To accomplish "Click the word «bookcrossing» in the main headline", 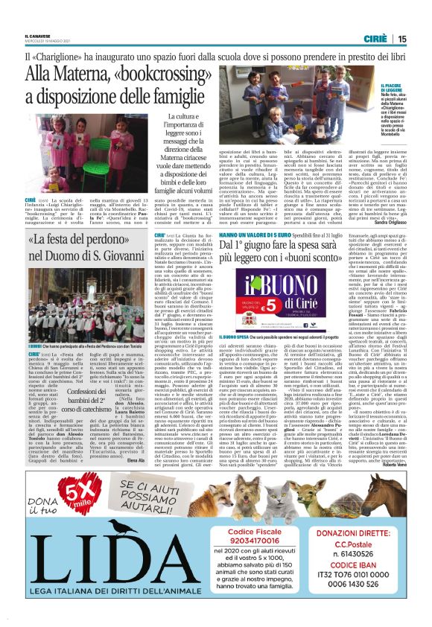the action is (161, 74).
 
